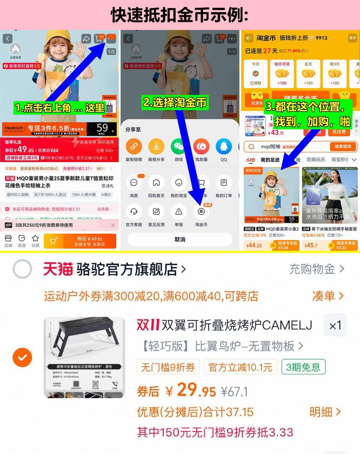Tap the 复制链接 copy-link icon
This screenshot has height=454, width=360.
134,147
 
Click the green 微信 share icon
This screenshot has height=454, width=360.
179,147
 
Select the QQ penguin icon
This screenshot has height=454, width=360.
224,147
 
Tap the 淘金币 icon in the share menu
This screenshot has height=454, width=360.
201,212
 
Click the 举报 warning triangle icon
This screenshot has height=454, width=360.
179,212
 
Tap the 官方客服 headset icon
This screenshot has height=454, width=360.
134,212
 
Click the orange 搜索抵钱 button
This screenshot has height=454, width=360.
343,147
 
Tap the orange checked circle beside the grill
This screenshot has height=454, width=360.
22,358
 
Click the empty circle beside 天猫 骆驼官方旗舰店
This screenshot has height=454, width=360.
22,269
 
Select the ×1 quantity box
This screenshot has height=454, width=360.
335,325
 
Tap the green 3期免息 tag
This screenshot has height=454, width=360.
303,367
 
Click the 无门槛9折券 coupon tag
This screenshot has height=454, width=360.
168,367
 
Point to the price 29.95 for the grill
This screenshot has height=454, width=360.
196,390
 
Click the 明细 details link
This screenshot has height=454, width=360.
325,412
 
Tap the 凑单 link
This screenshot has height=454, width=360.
328,296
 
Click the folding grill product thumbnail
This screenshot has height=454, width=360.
84,357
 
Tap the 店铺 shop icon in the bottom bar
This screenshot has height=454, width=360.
8,241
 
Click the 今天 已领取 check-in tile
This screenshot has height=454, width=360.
256,74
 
